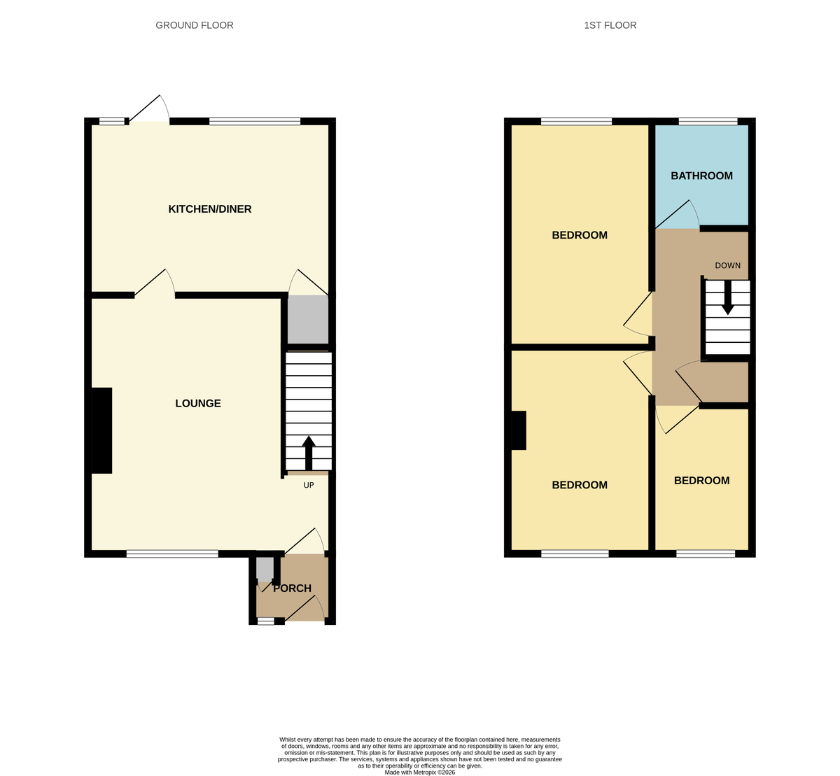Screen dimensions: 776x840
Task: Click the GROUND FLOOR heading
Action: coord(195,25)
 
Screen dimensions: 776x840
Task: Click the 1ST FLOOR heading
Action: coord(610,25)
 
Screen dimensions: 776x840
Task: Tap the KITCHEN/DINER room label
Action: coord(210,209)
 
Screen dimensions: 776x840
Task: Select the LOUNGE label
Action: coord(198,404)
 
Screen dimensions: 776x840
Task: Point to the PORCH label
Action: coord(292,588)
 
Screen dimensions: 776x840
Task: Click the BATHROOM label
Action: coord(701,176)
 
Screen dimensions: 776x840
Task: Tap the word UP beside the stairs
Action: coord(309,486)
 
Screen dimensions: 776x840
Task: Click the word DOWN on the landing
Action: coord(728,266)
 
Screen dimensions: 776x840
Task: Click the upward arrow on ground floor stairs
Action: coord(309,453)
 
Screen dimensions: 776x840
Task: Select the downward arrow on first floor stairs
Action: coord(728,298)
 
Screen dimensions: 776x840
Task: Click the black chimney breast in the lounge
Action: coord(101,430)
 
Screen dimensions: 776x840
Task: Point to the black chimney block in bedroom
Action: coord(519,430)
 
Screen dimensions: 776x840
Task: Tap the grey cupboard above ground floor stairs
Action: coord(308,319)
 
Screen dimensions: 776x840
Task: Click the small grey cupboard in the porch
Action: coord(265,568)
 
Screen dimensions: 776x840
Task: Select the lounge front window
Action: coord(172,554)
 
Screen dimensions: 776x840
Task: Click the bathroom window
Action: coord(708,122)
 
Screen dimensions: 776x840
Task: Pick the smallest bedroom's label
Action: coord(701,481)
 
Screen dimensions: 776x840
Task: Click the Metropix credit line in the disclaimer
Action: coord(420,773)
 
